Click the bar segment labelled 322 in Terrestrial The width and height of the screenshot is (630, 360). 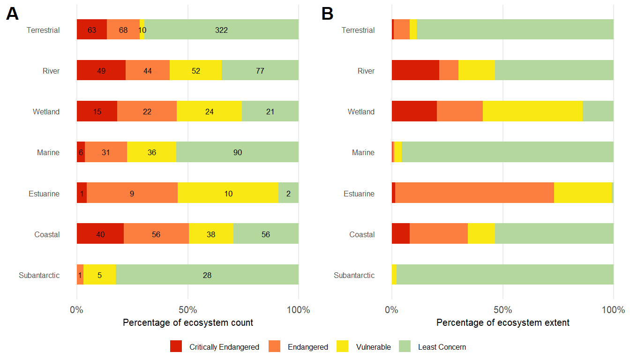coord(221,30)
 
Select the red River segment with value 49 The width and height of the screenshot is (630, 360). coord(101,71)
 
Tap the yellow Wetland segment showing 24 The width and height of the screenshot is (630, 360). coord(209,112)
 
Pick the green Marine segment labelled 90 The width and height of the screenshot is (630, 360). coord(237,152)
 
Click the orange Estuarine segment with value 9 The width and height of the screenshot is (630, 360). coord(132,193)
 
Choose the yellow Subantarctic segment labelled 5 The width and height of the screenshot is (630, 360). coord(99,275)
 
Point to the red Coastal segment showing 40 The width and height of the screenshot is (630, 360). coord(100,234)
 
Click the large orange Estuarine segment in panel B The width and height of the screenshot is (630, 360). coord(474,193)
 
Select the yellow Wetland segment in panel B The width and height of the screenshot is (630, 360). coord(532,112)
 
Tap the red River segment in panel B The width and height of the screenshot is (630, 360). coord(415,71)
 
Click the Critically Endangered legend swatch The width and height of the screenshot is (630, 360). coord(176,347)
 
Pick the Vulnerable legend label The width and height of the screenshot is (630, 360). coord(373,347)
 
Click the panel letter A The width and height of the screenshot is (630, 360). coord(12,15)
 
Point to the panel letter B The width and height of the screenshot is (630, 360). coord(327,15)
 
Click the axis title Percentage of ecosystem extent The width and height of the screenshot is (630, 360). coord(502,322)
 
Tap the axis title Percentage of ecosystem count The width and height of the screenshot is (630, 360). coord(187,322)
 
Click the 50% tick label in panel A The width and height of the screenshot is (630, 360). coord(187,310)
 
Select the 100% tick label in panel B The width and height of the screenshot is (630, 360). coord(613,310)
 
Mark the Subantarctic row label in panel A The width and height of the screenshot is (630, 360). coord(39,275)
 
